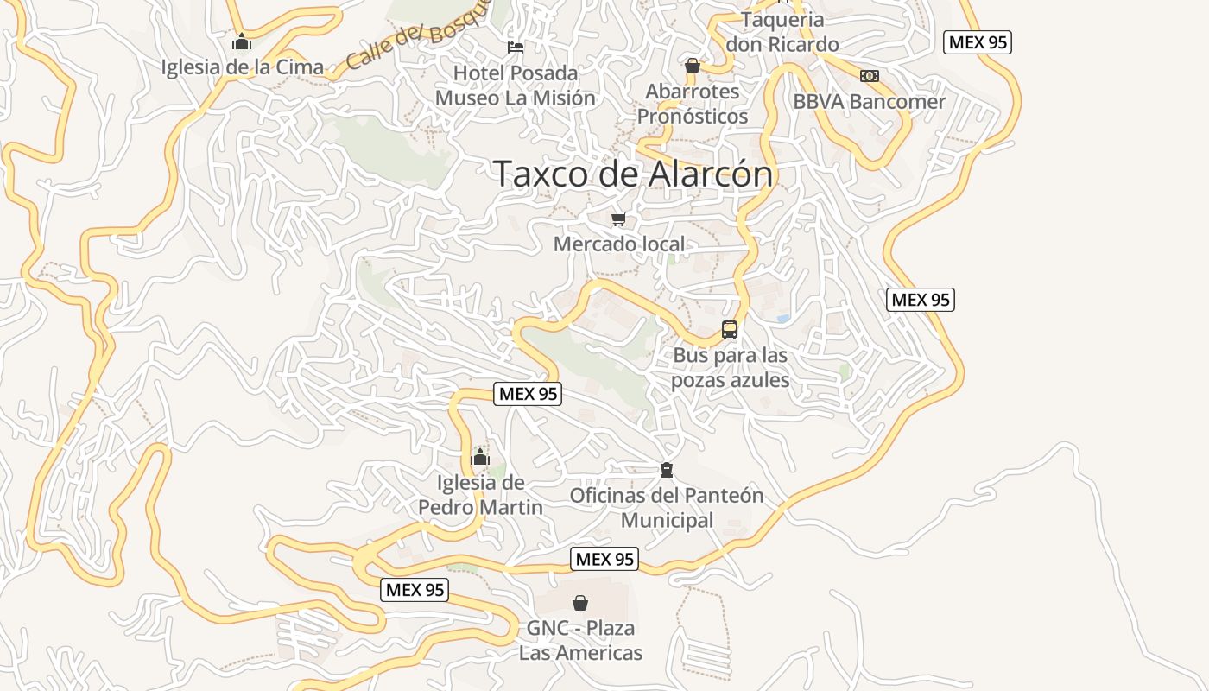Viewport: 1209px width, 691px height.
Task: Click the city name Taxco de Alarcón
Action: point(633,174)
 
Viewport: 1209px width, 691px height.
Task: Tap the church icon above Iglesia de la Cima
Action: point(242,41)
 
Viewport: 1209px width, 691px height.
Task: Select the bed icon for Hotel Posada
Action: point(516,47)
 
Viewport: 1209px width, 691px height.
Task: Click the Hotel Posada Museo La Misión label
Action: point(516,86)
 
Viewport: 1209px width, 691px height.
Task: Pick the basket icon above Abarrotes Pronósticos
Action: point(692,66)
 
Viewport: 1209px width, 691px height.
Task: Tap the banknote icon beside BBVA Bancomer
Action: point(870,76)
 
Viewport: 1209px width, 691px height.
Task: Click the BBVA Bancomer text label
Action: point(870,102)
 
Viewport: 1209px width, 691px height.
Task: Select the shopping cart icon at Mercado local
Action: point(618,219)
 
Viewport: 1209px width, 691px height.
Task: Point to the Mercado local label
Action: point(618,244)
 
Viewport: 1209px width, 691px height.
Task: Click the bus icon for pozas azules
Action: point(730,329)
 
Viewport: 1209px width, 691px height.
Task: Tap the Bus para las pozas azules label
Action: point(731,368)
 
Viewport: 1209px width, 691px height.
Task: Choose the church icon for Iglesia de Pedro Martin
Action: point(480,457)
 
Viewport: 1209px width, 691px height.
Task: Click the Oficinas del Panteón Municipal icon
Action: point(666,470)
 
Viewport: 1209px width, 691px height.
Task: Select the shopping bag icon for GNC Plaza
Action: point(580,602)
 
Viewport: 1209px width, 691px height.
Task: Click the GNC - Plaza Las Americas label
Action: point(580,640)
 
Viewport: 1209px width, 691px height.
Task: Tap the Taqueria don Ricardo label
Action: point(782,32)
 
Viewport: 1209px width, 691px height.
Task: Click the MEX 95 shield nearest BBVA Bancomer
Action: point(978,41)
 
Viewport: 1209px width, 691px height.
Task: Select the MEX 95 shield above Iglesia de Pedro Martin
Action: point(528,394)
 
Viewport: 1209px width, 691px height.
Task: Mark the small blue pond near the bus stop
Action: point(783,319)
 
